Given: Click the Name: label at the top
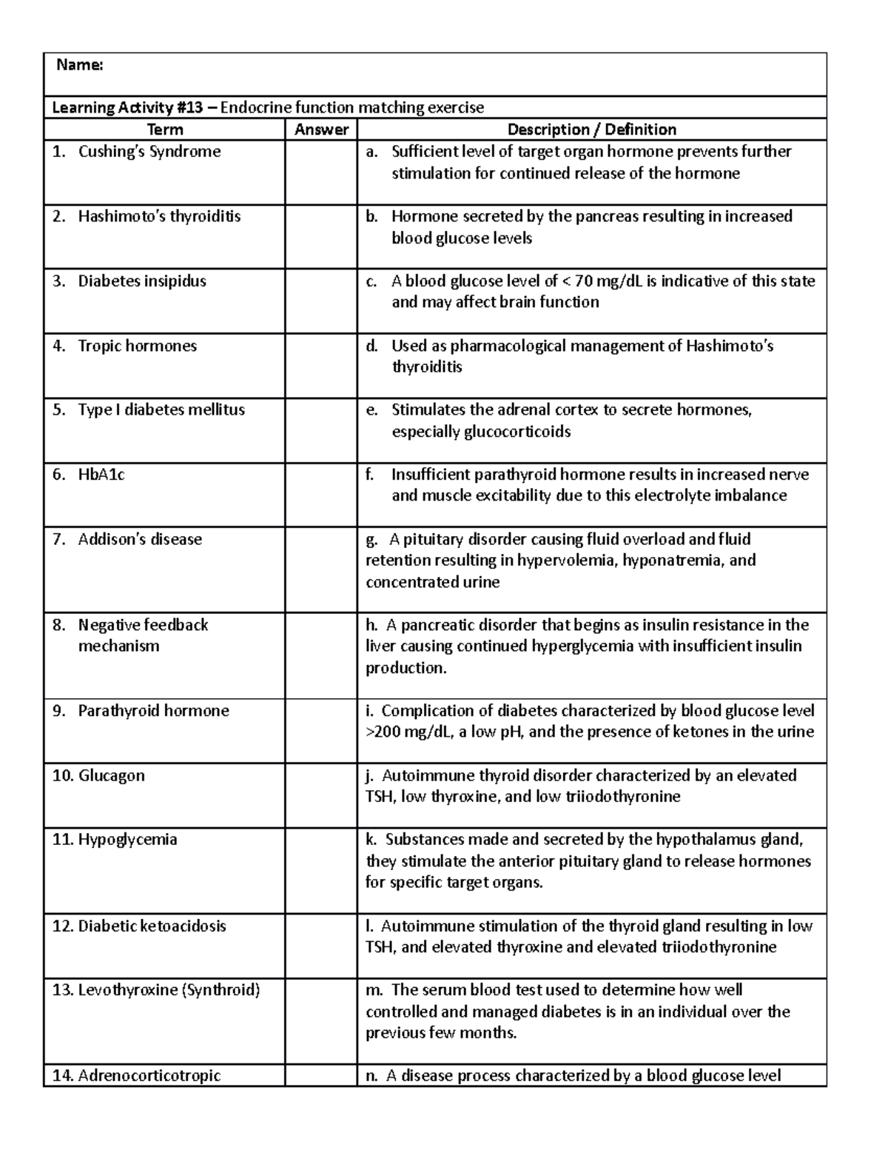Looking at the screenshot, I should click(80, 65).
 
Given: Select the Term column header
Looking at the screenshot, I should click(164, 130).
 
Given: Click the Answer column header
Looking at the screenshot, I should click(321, 130).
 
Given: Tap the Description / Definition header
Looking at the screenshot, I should click(591, 130).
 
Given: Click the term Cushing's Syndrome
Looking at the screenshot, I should click(149, 152).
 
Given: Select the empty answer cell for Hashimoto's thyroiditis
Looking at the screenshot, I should click(321, 237).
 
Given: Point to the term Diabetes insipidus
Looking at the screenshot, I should click(142, 281).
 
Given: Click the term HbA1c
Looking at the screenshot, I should click(101, 475).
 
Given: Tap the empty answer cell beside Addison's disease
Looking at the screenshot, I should click(321, 569).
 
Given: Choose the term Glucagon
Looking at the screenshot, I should click(111, 776).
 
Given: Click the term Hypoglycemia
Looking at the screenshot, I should click(127, 840).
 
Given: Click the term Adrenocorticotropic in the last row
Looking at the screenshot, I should click(149, 1075).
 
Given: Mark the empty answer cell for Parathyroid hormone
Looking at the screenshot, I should click(321, 731).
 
